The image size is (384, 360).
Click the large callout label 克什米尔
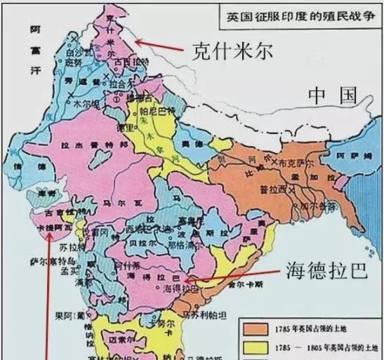[231, 51]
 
